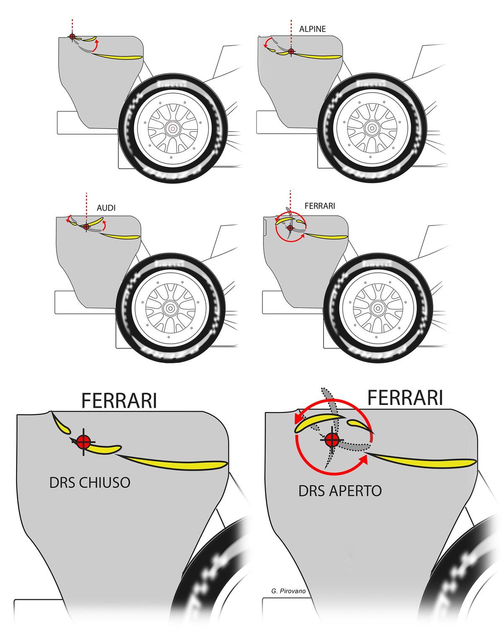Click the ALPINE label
(x=312, y=29)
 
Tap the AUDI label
(x=106, y=208)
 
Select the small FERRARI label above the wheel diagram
(x=319, y=206)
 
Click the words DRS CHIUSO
(x=90, y=483)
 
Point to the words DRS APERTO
(x=340, y=491)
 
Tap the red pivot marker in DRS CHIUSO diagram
(x=83, y=441)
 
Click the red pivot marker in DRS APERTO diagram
(x=332, y=440)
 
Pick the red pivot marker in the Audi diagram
(x=86, y=227)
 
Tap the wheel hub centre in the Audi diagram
(x=171, y=308)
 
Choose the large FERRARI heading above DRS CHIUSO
(x=119, y=401)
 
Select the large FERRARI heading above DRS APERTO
(x=405, y=397)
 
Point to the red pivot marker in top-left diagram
(x=72, y=37)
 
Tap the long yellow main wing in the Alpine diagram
(x=319, y=56)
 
